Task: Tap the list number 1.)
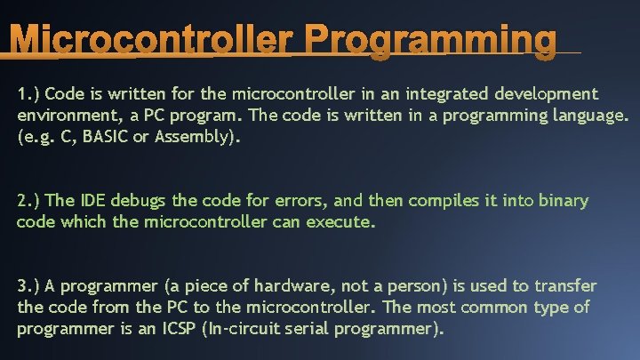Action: point(28,93)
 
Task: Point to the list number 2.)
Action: point(28,201)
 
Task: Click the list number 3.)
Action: point(28,286)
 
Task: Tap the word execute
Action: point(340,222)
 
